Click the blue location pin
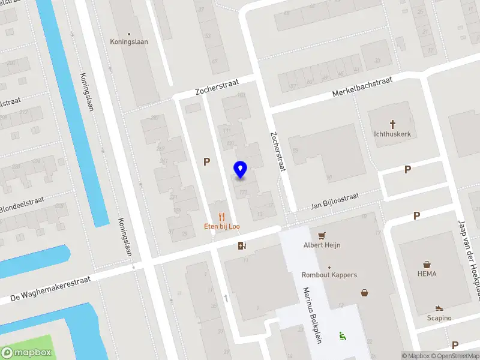point(241,169)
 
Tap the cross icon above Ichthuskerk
point(393,125)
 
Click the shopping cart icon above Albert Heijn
point(322,235)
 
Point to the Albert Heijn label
point(322,245)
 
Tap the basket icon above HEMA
point(427,264)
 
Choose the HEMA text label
point(427,274)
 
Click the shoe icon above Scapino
point(439,308)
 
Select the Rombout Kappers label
point(329,275)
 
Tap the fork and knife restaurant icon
point(222,217)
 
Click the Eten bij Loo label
point(222,226)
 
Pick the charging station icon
point(242,245)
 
